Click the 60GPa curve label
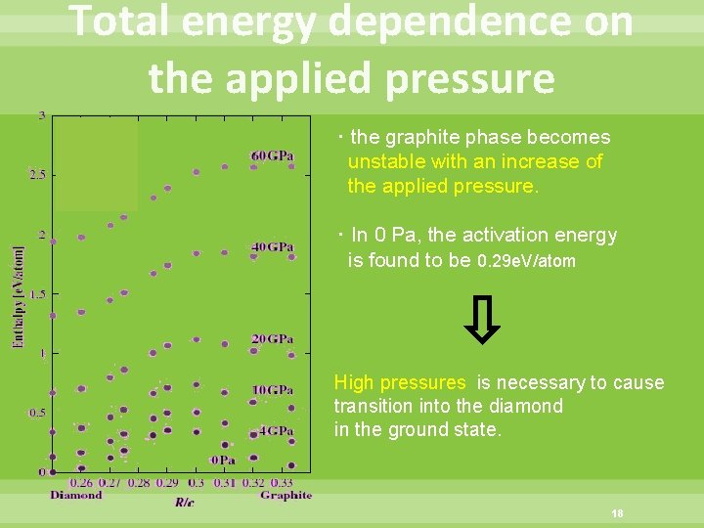(272, 156)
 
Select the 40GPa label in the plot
(272, 247)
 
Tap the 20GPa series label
(272, 339)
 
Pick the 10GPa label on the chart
(272, 390)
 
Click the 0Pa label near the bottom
(223, 460)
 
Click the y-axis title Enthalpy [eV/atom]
(19, 296)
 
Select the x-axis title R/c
(185, 502)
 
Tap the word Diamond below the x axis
(75, 495)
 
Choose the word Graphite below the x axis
(286, 495)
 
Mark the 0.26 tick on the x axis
(84, 482)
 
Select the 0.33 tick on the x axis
(281, 482)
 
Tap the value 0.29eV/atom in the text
(526, 261)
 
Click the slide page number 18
(617, 514)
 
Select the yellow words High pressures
(400, 382)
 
